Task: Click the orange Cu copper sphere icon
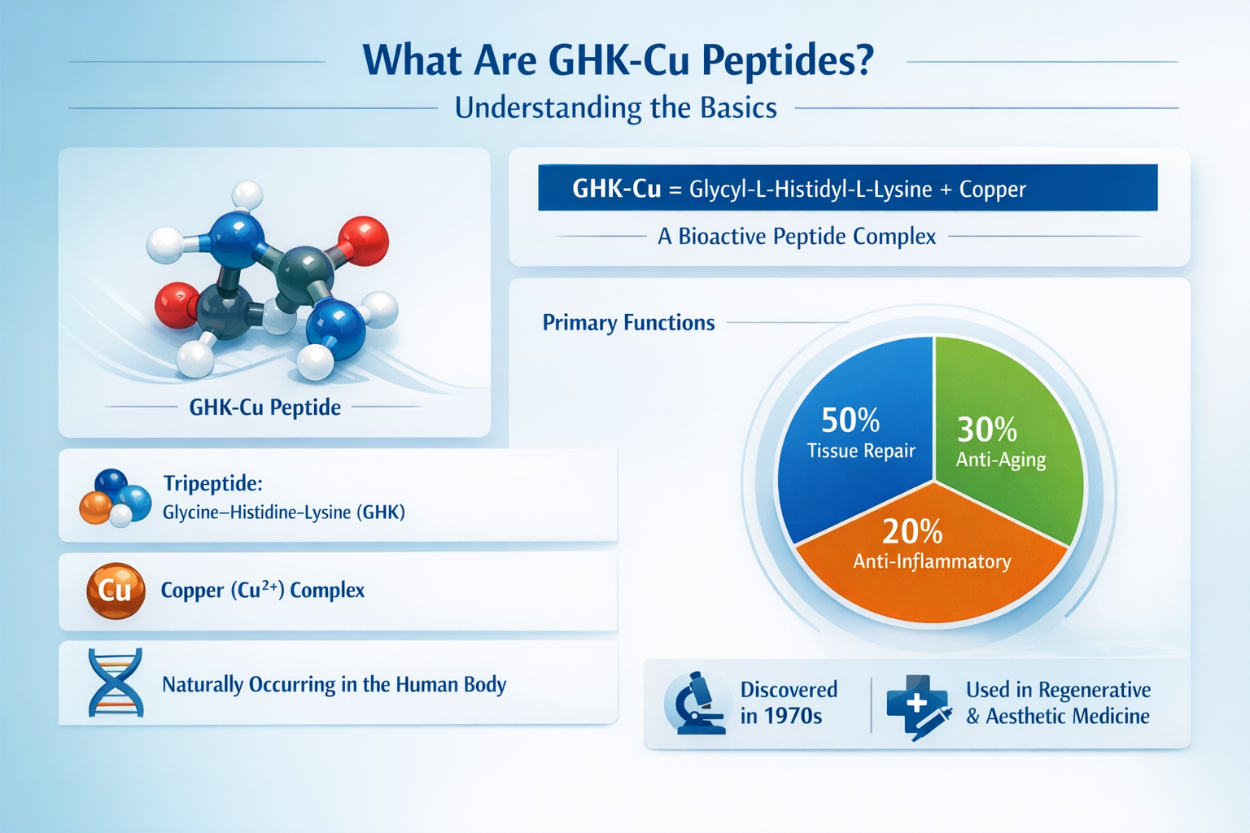(x=116, y=591)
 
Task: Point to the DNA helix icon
(x=116, y=683)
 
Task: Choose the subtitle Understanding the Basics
(x=615, y=108)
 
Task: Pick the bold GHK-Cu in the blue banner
(x=616, y=189)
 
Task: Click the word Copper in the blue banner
(x=992, y=190)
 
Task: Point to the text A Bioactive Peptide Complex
(x=797, y=237)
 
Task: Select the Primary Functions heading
(x=628, y=323)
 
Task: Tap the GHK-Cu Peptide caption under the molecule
(x=264, y=407)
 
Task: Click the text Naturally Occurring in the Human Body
(x=334, y=685)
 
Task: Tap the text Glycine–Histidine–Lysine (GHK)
(x=283, y=512)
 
